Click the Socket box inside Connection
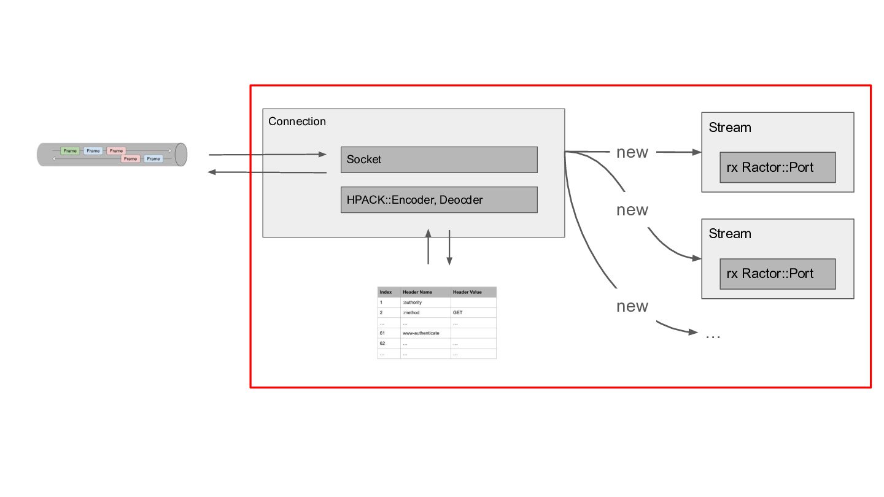click(x=439, y=160)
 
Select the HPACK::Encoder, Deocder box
click(x=439, y=200)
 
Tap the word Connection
click(x=297, y=121)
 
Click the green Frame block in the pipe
click(x=70, y=151)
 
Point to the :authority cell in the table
click(x=413, y=302)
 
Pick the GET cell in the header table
click(x=458, y=313)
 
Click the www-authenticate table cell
click(x=421, y=333)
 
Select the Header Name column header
click(x=417, y=292)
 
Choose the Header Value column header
click(x=467, y=292)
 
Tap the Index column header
click(x=386, y=292)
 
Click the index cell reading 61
click(x=382, y=333)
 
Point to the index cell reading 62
click(x=382, y=344)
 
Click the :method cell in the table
click(x=411, y=313)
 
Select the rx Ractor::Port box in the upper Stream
click(x=777, y=168)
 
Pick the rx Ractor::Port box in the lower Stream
click(x=777, y=274)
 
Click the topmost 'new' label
click(x=632, y=153)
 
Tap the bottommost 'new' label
click(x=632, y=306)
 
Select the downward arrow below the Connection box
click(x=449, y=248)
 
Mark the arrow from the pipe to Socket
click(x=268, y=155)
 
